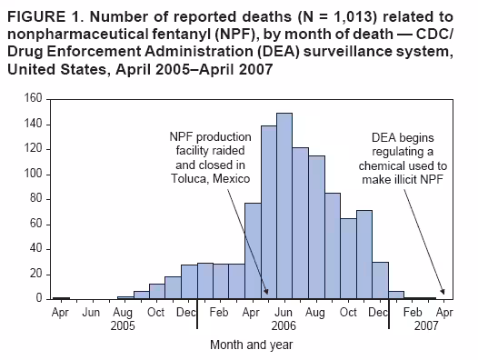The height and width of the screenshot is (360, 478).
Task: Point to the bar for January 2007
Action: [396, 295]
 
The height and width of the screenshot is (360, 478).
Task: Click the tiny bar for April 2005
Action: [61, 297]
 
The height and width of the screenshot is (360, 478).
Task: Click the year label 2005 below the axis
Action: [124, 325]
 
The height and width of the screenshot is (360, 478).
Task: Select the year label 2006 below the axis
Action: [284, 325]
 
